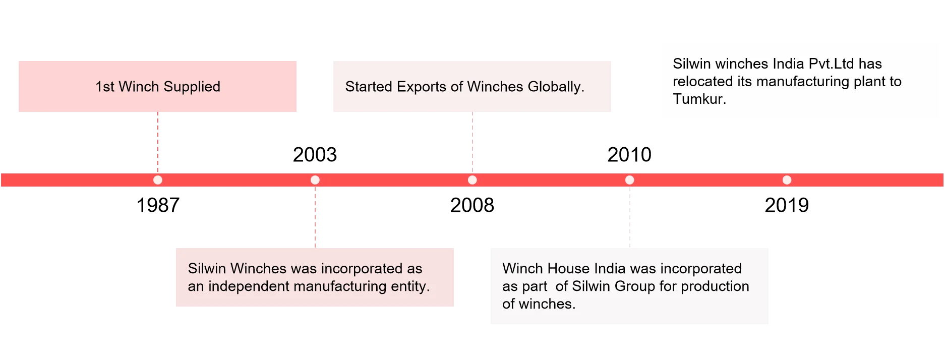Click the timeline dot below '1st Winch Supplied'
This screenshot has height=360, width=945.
158,180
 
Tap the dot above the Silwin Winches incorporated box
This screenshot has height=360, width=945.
315,180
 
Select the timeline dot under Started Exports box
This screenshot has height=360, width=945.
472,180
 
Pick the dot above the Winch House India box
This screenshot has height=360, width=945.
630,180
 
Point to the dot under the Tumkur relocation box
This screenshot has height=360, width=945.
787,180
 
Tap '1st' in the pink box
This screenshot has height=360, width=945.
105,87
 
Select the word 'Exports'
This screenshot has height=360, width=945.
422,87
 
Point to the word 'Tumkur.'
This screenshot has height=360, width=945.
699,99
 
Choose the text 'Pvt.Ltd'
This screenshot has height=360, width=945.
831,64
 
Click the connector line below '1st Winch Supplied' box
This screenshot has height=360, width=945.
159,141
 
